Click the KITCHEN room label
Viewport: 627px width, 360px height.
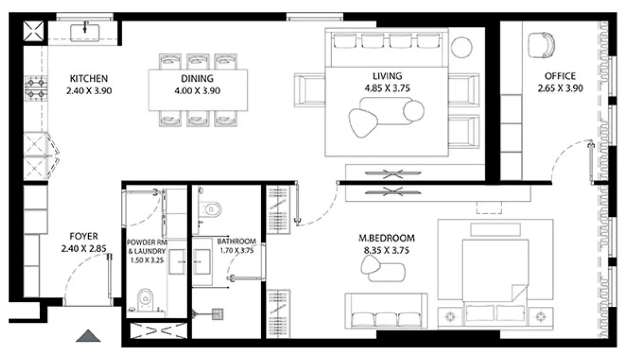click(89, 79)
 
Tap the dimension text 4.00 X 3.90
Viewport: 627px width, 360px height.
click(197, 91)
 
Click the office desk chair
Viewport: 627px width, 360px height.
click(541, 45)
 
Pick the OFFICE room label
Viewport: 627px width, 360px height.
click(560, 76)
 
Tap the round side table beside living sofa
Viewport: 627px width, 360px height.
click(461, 47)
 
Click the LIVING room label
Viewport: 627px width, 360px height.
click(387, 76)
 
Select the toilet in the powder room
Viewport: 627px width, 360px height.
click(145, 298)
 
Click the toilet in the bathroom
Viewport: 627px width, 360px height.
click(211, 209)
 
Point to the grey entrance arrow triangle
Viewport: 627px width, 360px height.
click(88, 336)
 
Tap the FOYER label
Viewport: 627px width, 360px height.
click(83, 236)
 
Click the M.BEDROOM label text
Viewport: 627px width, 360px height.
click(386, 238)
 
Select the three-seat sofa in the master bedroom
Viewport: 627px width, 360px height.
click(386, 311)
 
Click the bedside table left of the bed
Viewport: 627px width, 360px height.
click(451, 317)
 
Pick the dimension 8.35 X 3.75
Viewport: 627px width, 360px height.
click(386, 251)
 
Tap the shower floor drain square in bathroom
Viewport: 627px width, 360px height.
click(218, 314)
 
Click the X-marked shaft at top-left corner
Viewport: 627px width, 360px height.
click(33, 31)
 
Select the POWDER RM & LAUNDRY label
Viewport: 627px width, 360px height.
click(147, 247)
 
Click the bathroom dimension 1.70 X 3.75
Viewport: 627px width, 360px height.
click(237, 251)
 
